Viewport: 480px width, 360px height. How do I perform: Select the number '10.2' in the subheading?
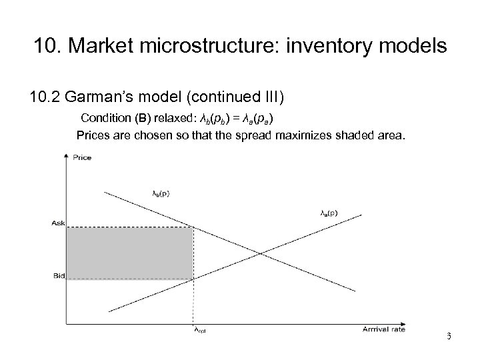[x=45, y=99]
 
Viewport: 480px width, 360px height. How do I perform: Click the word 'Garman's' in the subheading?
[x=100, y=99]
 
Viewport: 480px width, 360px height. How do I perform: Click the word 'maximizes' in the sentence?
[x=306, y=136]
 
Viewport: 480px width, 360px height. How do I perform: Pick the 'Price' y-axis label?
[x=83, y=158]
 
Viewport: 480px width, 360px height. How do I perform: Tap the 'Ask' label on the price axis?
[x=59, y=223]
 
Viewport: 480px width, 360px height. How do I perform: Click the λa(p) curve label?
[x=329, y=213]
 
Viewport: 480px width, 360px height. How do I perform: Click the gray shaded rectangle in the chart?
[x=129, y=253]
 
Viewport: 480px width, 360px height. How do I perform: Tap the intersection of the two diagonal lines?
[x=261, y=253]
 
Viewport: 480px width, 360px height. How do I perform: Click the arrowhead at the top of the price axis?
[x=65, y=156]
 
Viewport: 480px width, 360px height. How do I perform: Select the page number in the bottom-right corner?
[x=449, y=336]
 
